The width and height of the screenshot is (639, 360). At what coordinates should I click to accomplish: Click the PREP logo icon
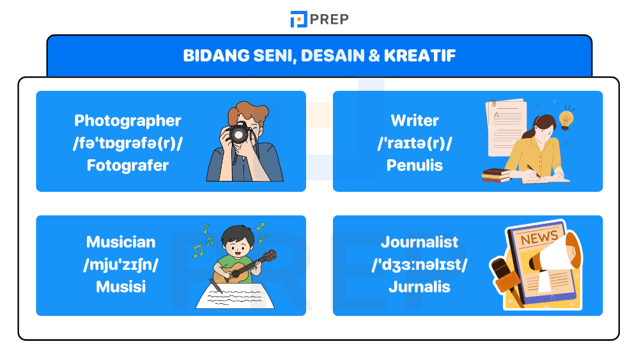coord(298,19)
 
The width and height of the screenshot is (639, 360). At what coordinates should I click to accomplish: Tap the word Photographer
coord(128,121)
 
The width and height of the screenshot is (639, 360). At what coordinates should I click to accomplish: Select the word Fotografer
coord(128,166)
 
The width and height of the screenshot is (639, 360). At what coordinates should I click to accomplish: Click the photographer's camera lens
coord(239,134)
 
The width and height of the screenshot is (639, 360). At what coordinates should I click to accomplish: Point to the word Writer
coord(415,121)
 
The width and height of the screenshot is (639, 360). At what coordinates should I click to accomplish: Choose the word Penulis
coord(415,166)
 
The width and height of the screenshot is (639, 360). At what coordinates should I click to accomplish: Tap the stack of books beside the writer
coord(494,175)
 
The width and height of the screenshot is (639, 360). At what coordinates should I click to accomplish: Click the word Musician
coord(121,242)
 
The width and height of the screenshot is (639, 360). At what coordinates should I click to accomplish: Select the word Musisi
coord(121,287)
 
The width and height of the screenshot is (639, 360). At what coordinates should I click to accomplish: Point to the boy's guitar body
coord(234,274)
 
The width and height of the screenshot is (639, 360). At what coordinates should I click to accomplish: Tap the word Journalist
coord(420,242)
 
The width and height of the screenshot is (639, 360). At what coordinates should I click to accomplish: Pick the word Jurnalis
coord(420,287)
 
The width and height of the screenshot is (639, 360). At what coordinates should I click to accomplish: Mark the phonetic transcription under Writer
coord(415,143)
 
